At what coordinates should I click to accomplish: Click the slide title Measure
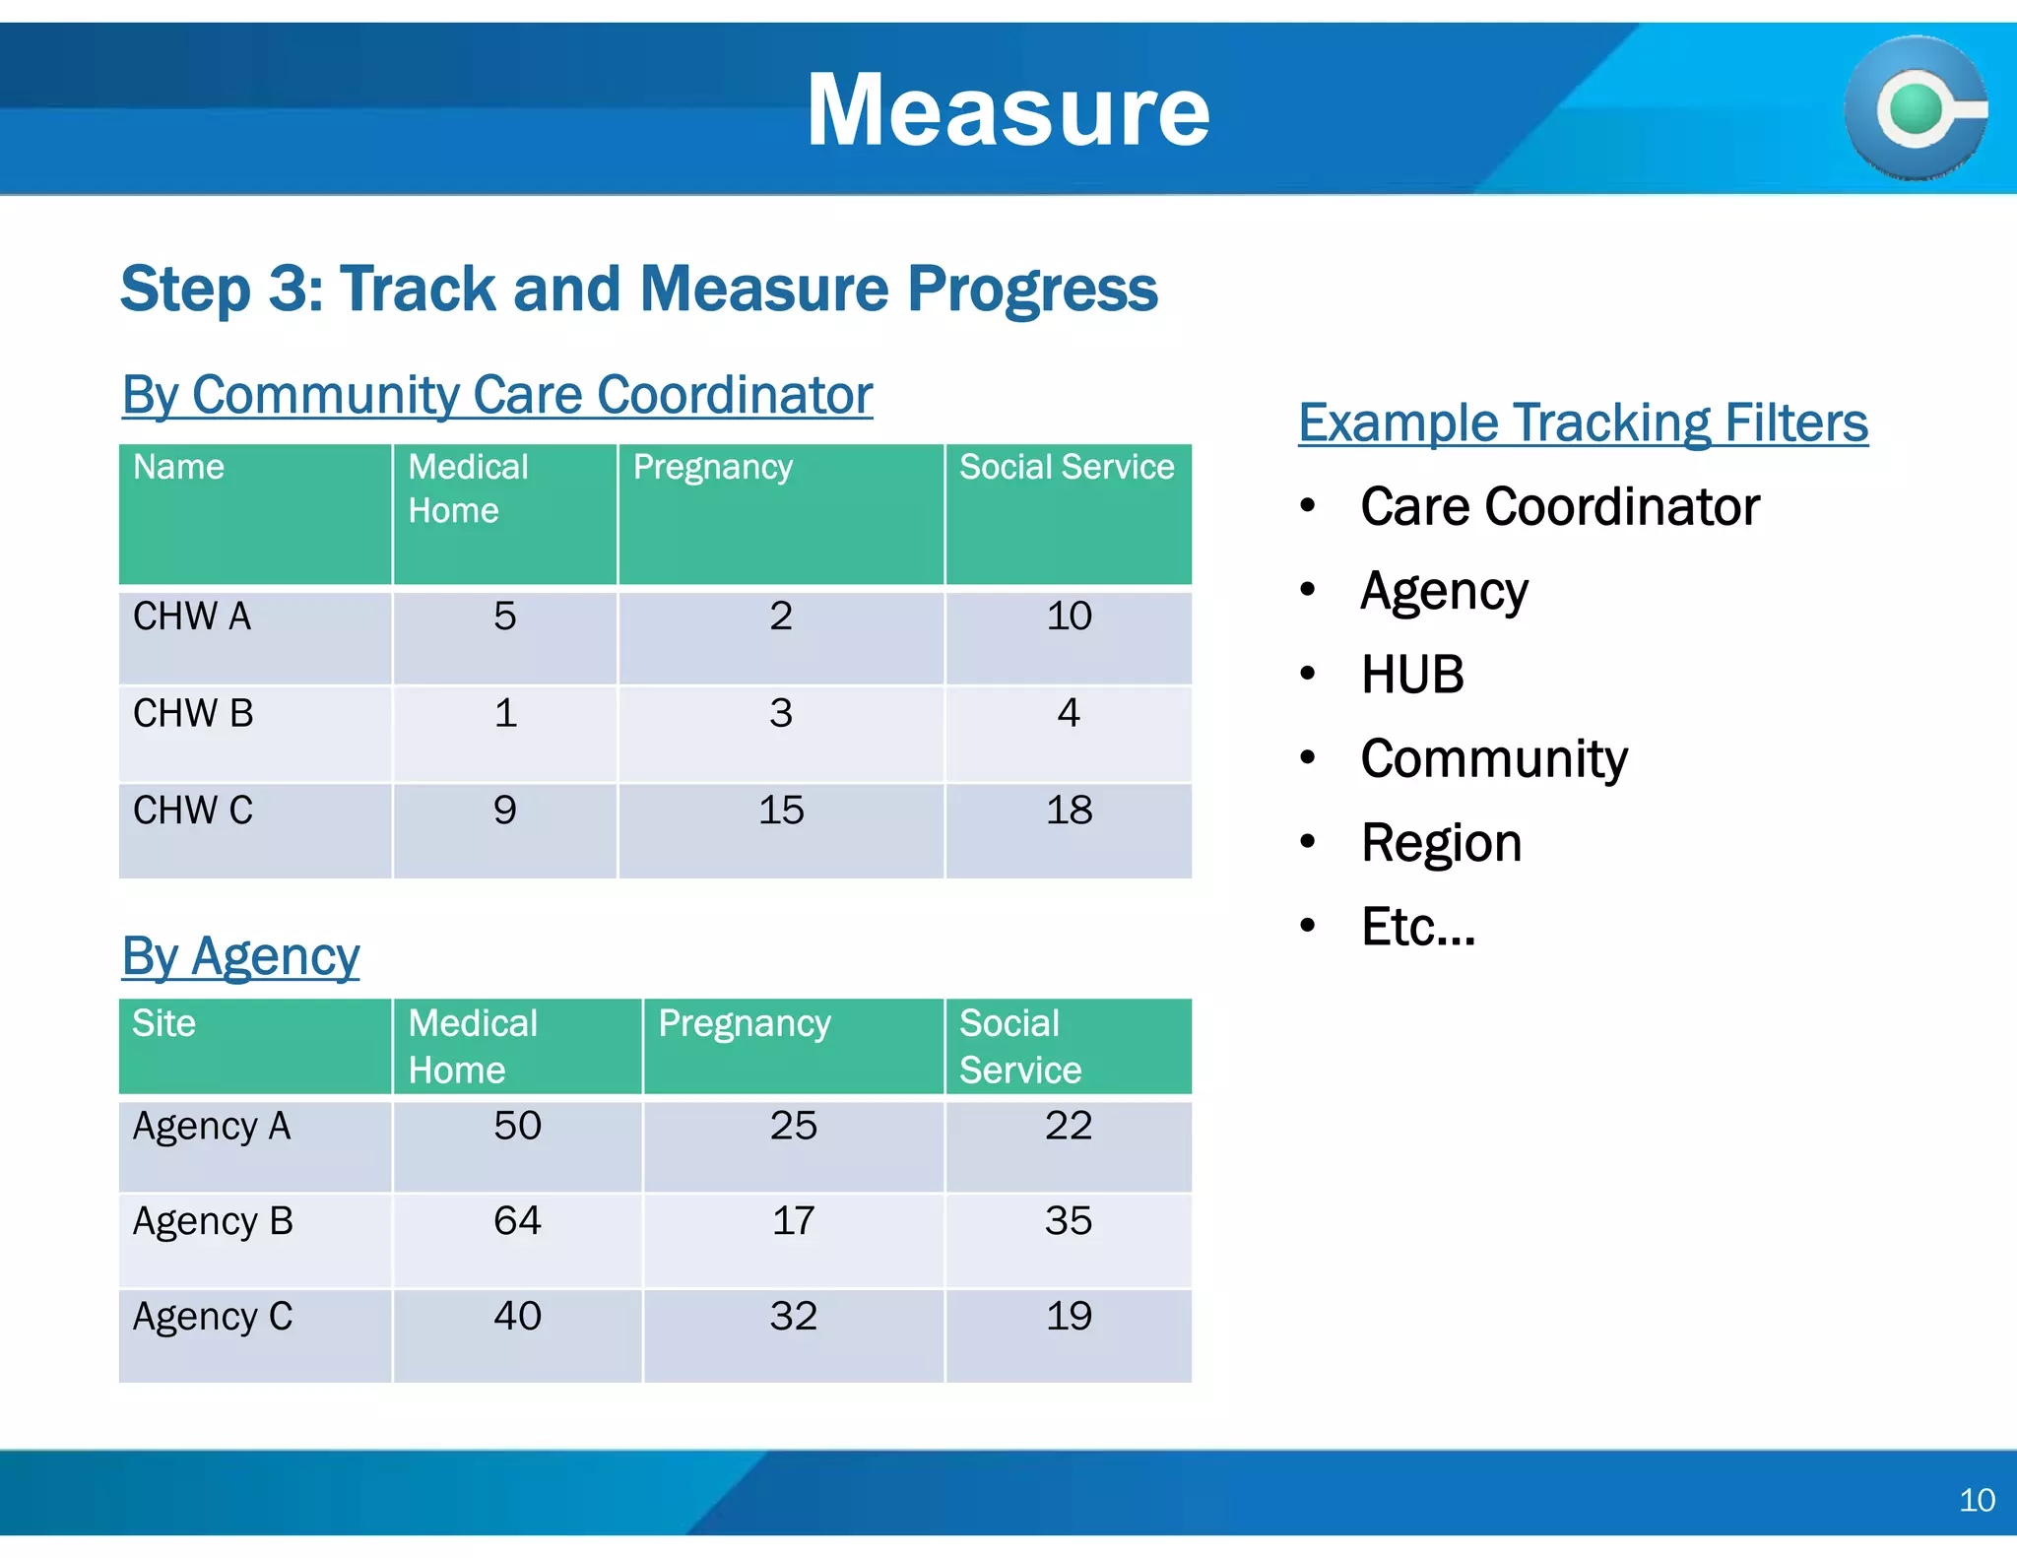[x=1008, y=110]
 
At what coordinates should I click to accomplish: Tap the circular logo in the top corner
[x=1915, y=108]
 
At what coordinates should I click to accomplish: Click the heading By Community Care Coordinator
[x=496, y=395]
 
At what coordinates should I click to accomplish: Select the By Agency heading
[x=240, y=956]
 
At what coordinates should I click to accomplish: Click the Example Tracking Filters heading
[x=1582, y=422]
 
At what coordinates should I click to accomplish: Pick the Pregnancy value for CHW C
[x=781, y=811]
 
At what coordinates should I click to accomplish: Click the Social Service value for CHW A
[x=1069, y=617]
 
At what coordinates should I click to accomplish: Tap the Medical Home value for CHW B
[x=505, y=713]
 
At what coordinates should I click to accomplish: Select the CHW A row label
[x=192, y=617]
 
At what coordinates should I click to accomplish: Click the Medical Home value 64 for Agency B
[x=517, y=1221]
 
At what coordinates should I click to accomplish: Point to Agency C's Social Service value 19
[x=1069, y=1317]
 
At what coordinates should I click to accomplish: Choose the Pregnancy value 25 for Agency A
[x=793, y=1126]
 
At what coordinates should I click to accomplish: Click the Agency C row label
[x=213, y=1317]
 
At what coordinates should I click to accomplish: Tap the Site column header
[x=164, y=1023]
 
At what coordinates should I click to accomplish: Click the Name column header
[x=178, y=467]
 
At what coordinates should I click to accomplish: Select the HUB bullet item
[x=1411, y=675]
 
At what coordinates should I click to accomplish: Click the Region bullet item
[x=1441, y=843]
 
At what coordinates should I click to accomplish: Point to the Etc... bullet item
[x=1417, y=927]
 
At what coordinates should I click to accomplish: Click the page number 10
[x=1976, y=1500]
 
